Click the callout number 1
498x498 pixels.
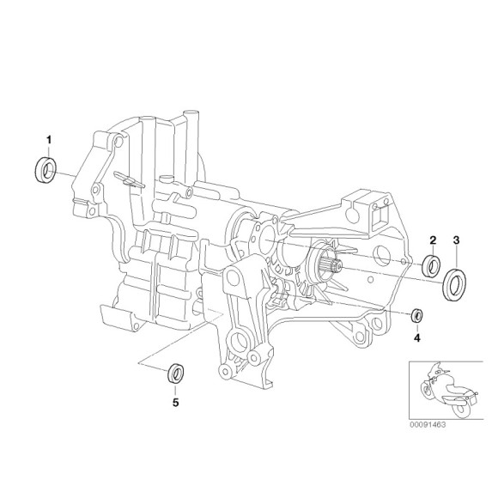(49, 138)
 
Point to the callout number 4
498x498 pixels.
(416, 338)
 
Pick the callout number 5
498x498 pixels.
(175, 401)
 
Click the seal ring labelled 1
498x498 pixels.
(45, 170)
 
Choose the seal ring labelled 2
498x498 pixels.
(433, 264)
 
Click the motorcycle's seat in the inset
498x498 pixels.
(453, 381)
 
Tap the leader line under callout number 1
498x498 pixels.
(49, 149)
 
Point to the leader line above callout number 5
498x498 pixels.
(175, 388)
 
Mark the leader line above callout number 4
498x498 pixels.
(416, 328)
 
